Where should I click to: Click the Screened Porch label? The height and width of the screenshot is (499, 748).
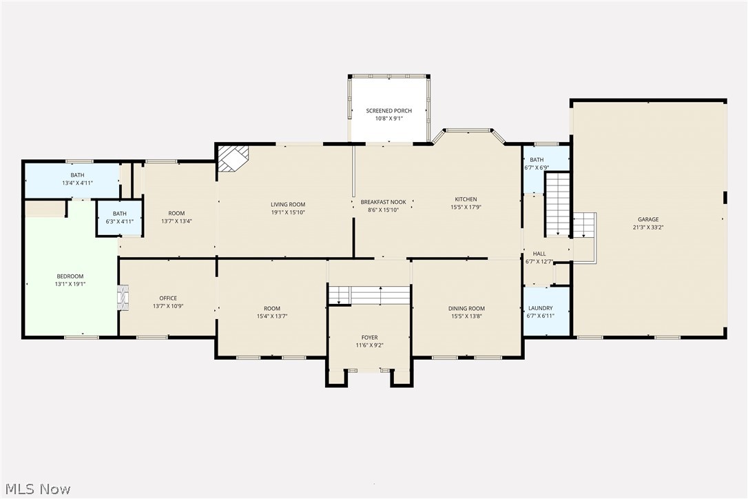pos(388,111)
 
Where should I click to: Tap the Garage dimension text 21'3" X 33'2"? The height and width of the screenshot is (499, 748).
pos(648,227)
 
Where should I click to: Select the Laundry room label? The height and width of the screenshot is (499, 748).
pos(541,308)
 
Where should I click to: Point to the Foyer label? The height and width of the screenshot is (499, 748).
pos(370,338)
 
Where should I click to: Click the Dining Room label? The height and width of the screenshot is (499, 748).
pos(466,309)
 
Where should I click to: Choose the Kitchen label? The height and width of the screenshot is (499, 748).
pos(466,199)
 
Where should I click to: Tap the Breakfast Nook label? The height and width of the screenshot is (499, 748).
pos(384,202)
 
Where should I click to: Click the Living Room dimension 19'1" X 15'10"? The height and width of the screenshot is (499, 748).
pos(288,212)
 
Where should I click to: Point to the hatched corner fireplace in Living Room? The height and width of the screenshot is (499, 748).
pos(233,158)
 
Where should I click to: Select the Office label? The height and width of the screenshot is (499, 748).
pos(168,298)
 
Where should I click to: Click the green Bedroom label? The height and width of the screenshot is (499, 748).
pos(70,276)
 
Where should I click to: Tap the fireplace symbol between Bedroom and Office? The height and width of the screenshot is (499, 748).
pos(123,298)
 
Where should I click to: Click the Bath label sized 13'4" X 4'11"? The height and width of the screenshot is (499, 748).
pos(77,175)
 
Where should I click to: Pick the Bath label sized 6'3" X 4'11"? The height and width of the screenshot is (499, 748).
pos(120,214)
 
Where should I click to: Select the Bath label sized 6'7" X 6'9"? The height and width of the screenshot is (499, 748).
pos(537,160)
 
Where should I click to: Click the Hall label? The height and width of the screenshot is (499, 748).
pos(539,254)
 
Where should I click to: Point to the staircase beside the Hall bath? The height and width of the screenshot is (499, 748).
pos(558,205)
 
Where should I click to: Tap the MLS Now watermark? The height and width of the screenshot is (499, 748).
pos(38,489)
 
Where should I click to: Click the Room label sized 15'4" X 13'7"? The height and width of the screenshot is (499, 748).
pos(272,309)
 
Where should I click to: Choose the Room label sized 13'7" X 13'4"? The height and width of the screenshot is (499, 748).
pos(176,214)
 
